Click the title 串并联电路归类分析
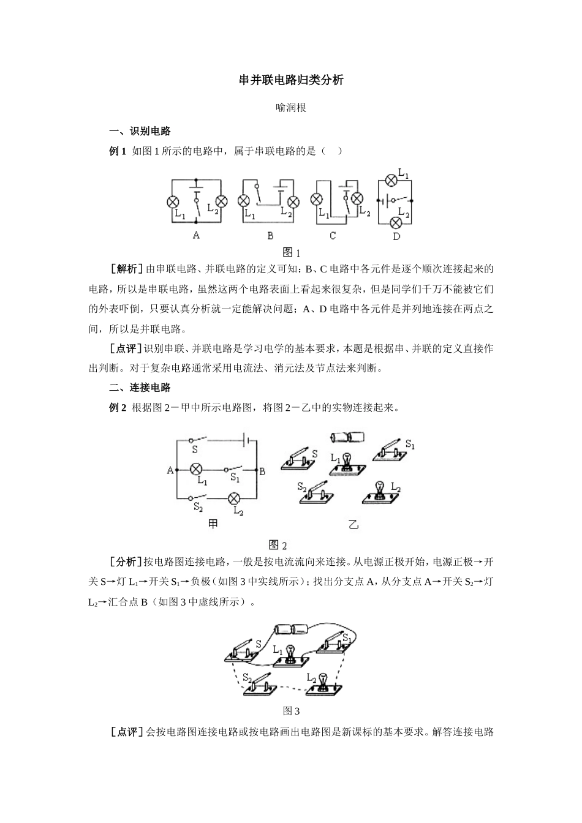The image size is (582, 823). [x=291, y=80]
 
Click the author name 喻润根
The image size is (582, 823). [x=291, y=108]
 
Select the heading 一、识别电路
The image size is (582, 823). [x=139, y=131]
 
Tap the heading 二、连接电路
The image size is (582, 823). [x=139, y=388]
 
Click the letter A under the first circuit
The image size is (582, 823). [x=196, y=235]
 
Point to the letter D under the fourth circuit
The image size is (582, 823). [x=396, y=236]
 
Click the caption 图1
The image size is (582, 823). [x=291, y=252]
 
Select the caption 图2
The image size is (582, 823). [x=278, y=545]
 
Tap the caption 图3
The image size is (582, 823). [x=291, y=711]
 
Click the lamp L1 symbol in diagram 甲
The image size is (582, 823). [x=196, y=470]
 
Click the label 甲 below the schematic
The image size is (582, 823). [x=213, y=524]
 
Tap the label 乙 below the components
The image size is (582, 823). [x=353, y=524]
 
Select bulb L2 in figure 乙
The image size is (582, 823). [x=380, y=489]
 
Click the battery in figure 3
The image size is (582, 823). [x=292, y=629]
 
